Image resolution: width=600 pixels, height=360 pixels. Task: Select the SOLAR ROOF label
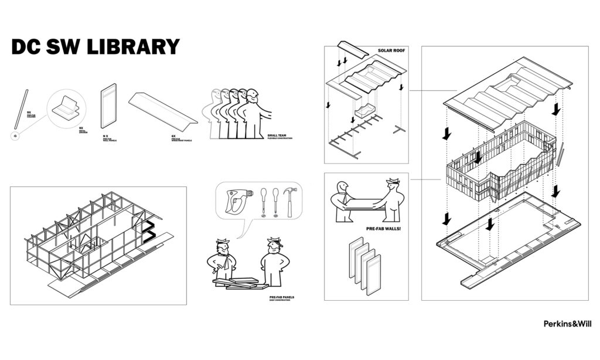[x=390, y=51]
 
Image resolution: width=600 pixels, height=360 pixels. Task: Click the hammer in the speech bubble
[x=290, y=199]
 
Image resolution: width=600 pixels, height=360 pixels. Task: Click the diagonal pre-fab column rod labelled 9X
[x=21, y=108]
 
